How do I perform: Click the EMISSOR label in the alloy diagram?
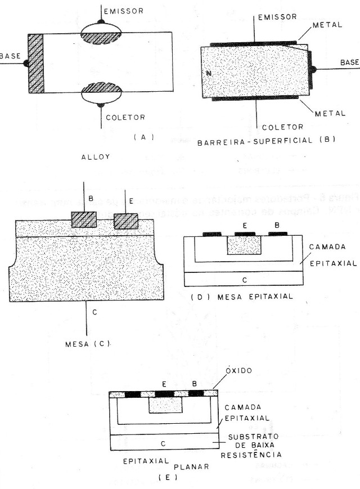coord(125,11)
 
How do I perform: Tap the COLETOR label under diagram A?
coord(125,118)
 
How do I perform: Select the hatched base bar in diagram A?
coord(35,63)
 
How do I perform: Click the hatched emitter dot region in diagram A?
coord(102,35)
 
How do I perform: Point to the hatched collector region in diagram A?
coord(102,89)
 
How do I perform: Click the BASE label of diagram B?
coord(349,61)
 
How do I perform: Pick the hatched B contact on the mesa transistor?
coord(84,219)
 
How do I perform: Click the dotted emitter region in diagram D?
coord(244,245)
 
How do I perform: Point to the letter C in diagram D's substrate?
coord(244,279)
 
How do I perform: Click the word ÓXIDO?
coord(240,372)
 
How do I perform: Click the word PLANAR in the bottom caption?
coord(192,466)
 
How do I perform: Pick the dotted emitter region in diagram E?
coord(165,405)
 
